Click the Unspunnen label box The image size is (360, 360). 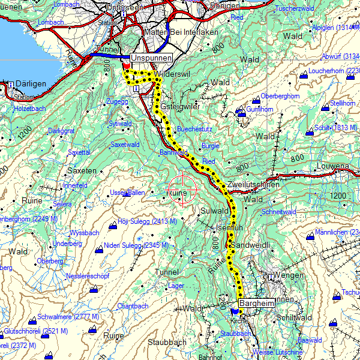(151, 58)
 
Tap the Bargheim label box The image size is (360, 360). (256, 304)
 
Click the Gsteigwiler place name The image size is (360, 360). (179, 106)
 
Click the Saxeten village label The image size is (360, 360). (82, 170)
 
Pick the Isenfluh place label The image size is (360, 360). (229, 228)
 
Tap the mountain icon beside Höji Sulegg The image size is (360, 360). (113, 226)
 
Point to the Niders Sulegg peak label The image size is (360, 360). (136, 245)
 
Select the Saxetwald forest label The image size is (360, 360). (125, 145)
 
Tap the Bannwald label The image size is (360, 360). (173, 152)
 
